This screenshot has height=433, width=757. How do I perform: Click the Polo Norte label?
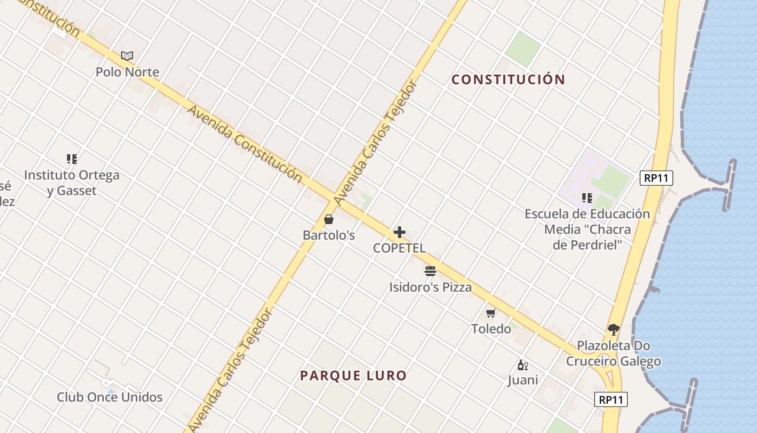[127, 72]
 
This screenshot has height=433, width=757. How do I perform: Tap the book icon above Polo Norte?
[127, 56]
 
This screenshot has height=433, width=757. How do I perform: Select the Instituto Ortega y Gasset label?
[72, 183]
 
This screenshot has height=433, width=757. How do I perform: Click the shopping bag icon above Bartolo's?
[328, 219]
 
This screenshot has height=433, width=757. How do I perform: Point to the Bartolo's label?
[328, 235]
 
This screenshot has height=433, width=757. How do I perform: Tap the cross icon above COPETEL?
[400, 232]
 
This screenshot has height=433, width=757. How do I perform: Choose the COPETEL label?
[400, 248]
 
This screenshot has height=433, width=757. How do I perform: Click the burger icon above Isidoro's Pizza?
[430, 271]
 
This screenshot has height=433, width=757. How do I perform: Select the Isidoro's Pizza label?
[430, 287]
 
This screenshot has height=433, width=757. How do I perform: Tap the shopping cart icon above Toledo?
[491, 313]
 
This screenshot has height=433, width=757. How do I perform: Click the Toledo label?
[491, 329]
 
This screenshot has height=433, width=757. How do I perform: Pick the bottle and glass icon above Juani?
[522, 365]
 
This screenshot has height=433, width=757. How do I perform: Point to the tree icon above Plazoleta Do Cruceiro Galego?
[613, 329]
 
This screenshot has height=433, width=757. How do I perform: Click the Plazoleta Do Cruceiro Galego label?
[613, 353]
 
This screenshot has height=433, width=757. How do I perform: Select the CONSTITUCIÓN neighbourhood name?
[508, 80]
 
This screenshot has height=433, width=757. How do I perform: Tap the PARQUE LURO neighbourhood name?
[353, 376]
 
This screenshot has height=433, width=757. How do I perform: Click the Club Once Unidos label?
[110, 397]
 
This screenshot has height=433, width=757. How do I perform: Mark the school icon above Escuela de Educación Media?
[587, 198]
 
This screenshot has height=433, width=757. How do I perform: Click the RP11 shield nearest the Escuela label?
[656, 178]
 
